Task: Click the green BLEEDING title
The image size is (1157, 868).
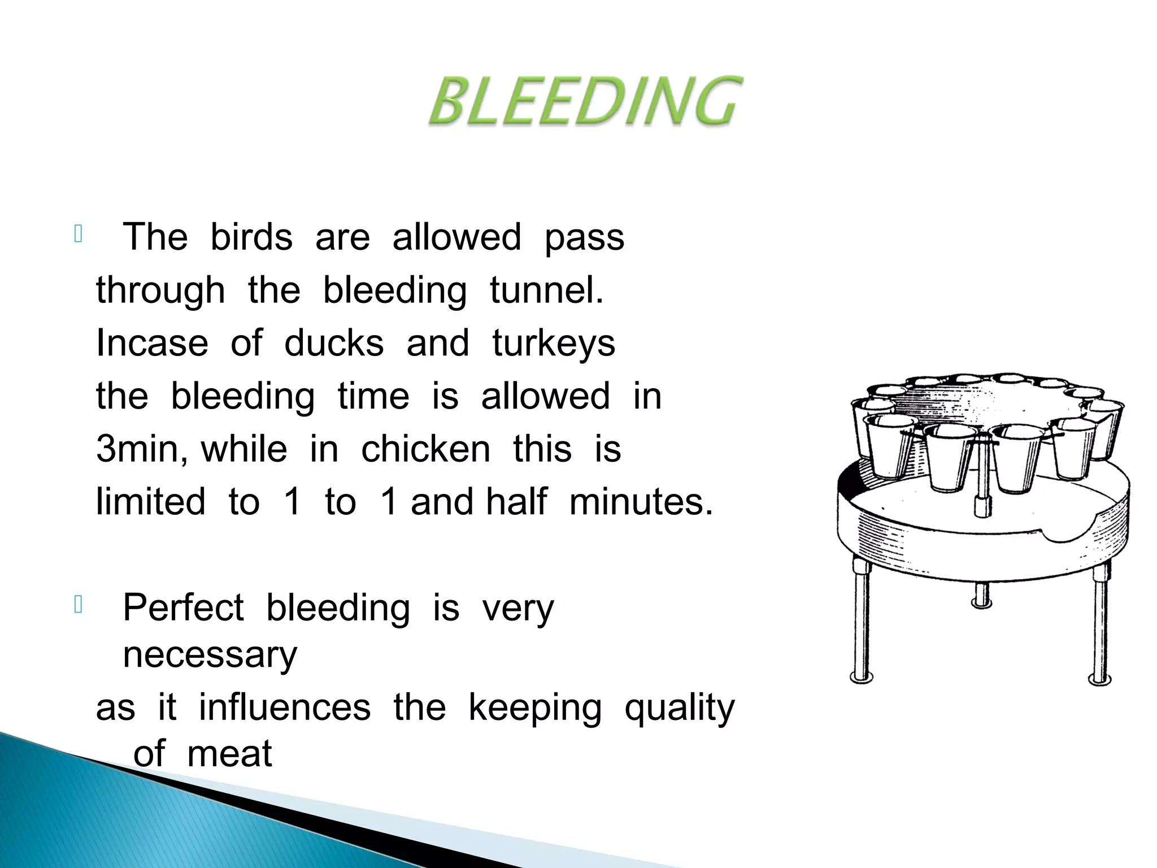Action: tap(585, 102)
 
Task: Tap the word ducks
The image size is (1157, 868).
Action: tap(333, 343)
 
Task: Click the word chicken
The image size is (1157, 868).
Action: tap(425, 450)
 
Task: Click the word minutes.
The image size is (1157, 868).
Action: tap(641, 502)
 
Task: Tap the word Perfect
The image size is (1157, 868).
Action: tap(183, 608)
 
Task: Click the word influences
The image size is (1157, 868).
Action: tap(285, 708)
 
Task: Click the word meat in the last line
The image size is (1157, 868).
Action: tap(229, 754)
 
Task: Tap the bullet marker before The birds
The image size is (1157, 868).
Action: tap(79, 235)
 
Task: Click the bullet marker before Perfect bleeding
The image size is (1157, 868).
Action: tap(79, 605)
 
